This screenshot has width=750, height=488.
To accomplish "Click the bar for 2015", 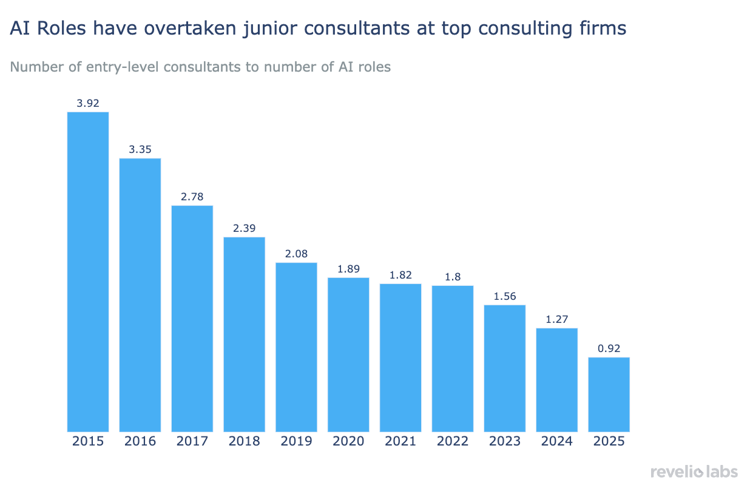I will coord(88,271).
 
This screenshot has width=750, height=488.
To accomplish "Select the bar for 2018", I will coord(244,334).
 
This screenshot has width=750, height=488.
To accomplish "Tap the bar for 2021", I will coord(400,358).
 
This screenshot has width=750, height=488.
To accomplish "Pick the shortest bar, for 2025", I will coord(609,394).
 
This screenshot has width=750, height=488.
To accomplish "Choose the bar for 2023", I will coord(505,368).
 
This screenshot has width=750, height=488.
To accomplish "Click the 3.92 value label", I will coord(88,103).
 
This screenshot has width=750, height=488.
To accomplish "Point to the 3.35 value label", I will coord(140,149).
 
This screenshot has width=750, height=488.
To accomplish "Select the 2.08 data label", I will coord(296,254).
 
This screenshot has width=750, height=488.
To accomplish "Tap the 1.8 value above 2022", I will coord(453,277).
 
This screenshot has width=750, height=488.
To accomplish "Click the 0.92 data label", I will coord(609,348).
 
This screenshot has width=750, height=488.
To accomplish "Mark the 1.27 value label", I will coord(557,319).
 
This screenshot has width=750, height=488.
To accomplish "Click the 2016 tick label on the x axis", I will coord(140,441).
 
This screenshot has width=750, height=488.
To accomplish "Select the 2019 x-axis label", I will coord(296,441).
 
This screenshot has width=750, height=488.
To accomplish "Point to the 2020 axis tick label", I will coord(348,441).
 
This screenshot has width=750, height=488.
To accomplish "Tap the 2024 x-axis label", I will coord(557,441).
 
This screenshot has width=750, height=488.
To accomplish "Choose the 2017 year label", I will coord(192,441).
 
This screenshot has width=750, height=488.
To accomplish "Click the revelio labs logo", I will coord(694,472).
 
